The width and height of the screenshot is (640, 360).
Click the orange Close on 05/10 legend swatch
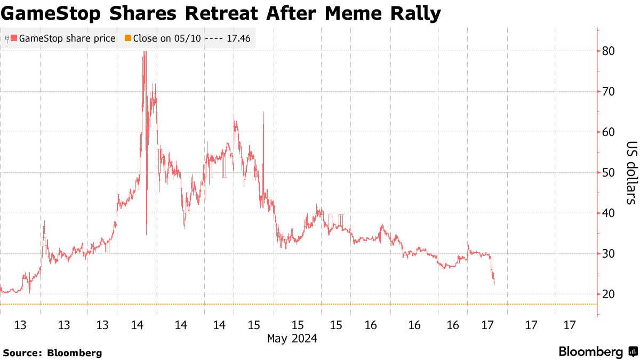[127, 38]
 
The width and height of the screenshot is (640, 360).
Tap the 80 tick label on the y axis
[609, 51]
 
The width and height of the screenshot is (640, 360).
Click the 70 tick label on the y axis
[609, 92]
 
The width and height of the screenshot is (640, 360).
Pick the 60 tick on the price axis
[609, 132]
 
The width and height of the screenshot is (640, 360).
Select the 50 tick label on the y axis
[609, 173]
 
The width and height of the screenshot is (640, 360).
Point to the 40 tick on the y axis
[609, 213]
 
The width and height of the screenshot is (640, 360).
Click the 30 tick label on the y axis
[609, 254]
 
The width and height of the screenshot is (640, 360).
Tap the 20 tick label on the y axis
[609, 294]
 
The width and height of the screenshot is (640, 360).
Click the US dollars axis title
[631, 173]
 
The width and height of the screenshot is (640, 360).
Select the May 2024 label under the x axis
[292, 338]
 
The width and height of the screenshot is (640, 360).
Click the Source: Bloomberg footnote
[52, 353]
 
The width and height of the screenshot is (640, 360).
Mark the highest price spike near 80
[144, 53]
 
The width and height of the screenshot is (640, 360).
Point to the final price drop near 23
[494, 282]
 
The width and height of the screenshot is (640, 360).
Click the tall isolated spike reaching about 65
[263, 115]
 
